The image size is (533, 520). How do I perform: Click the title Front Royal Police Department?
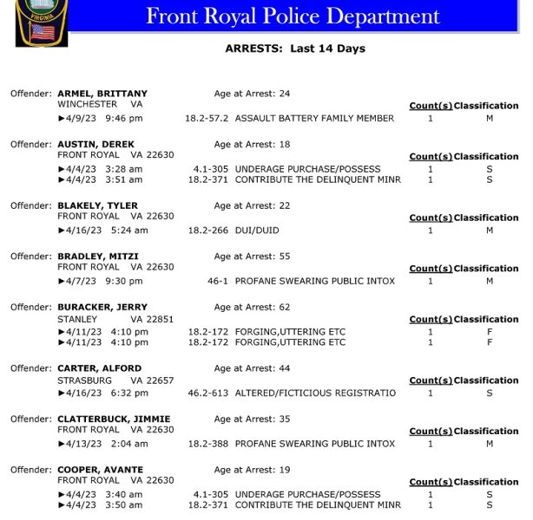pyautogui.click(x=293, y=16)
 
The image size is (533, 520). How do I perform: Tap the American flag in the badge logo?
pyautogui.click(x=41, y=33)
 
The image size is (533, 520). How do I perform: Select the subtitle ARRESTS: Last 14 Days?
pyautogui.click(x=295, y=49)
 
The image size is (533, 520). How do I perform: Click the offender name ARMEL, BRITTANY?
pyautogui.click(x=102, y=94)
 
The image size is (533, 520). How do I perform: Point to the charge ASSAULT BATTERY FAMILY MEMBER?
pyautogui.click(x=314, y=119)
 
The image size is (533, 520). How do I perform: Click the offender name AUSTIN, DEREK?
pyautogui.click(x=95, y=144)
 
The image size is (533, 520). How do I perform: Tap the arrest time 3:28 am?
pyautogui.click(x=124, y=169)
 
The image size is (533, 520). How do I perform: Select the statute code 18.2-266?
pyautogui.click(x=208, y=231)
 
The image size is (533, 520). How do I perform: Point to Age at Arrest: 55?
pyautogui.click(x=252, y=257)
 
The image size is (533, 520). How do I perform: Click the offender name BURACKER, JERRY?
pyautogui.click(x=102, y=307)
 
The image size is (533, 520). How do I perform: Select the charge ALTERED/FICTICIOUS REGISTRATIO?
pyautogui.click(x=315, y=393)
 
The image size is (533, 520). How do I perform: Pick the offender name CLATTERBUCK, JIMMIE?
pyautogui.click(x=114, y=419)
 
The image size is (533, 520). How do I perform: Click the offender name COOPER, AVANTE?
pyautogui.click(x=100, y=470)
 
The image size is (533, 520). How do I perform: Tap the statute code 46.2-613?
pyautogui.click(x=207, y=393)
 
